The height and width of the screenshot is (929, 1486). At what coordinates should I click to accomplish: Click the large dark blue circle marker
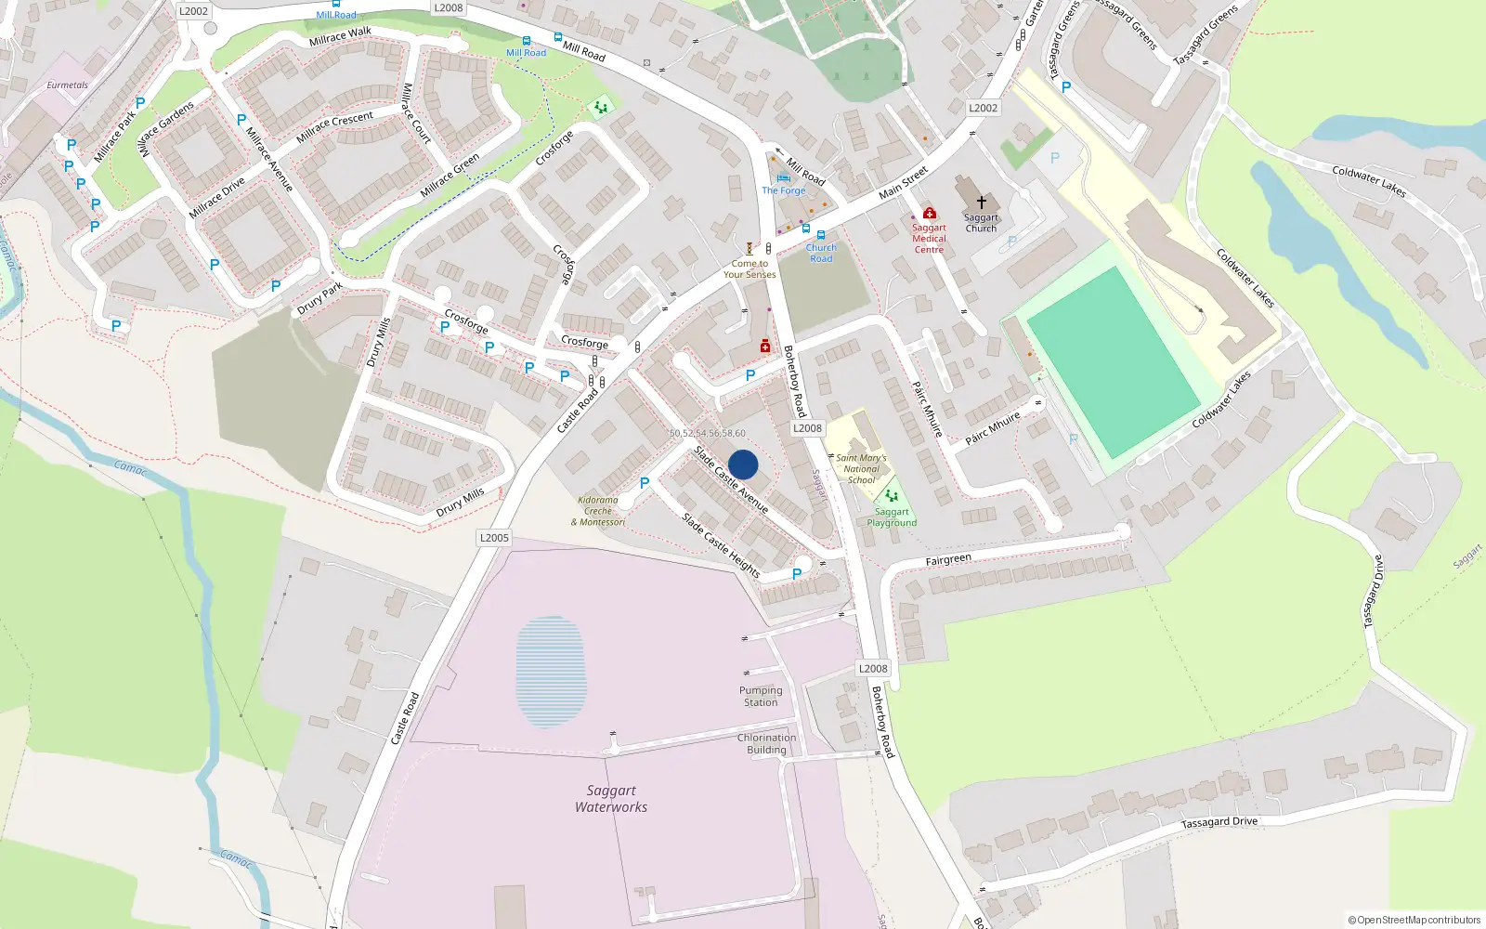(x=743, y=464)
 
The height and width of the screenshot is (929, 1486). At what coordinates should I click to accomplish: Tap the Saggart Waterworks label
(x=611, y=799)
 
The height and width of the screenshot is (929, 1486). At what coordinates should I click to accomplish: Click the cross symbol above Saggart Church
(x=981, y=202)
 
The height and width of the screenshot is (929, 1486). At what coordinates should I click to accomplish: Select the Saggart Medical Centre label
(x=929, y=239)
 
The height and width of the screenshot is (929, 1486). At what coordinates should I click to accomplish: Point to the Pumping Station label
(x=761, y=697)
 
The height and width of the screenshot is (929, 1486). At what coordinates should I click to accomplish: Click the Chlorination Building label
(x=766, y=744)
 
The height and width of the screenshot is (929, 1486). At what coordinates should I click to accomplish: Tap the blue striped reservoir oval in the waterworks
(x=551, y=672)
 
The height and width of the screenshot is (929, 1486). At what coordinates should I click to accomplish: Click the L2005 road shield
(x=494, y=538)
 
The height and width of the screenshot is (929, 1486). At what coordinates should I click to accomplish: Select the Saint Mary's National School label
(x=861, y=469)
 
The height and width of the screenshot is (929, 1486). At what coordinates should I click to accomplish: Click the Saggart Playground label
(x=892, y=517)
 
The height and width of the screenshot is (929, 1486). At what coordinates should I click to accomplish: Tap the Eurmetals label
(x=67, y=85)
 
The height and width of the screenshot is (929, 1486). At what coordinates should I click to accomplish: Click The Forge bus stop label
(x=784, y=190)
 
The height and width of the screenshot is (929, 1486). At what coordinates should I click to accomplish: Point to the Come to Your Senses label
(x=750, y=269)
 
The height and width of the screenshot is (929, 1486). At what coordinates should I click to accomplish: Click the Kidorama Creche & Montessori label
(x=598, y=511)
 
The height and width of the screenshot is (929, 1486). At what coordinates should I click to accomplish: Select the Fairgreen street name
(x=948, y=560)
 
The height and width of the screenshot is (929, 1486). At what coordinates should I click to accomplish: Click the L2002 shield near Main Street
(x=983, y=108)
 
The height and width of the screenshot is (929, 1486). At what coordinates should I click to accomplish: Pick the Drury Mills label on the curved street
(x=461, y=503)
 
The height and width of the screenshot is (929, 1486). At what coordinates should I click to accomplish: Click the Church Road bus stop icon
(x=821, y=235)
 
